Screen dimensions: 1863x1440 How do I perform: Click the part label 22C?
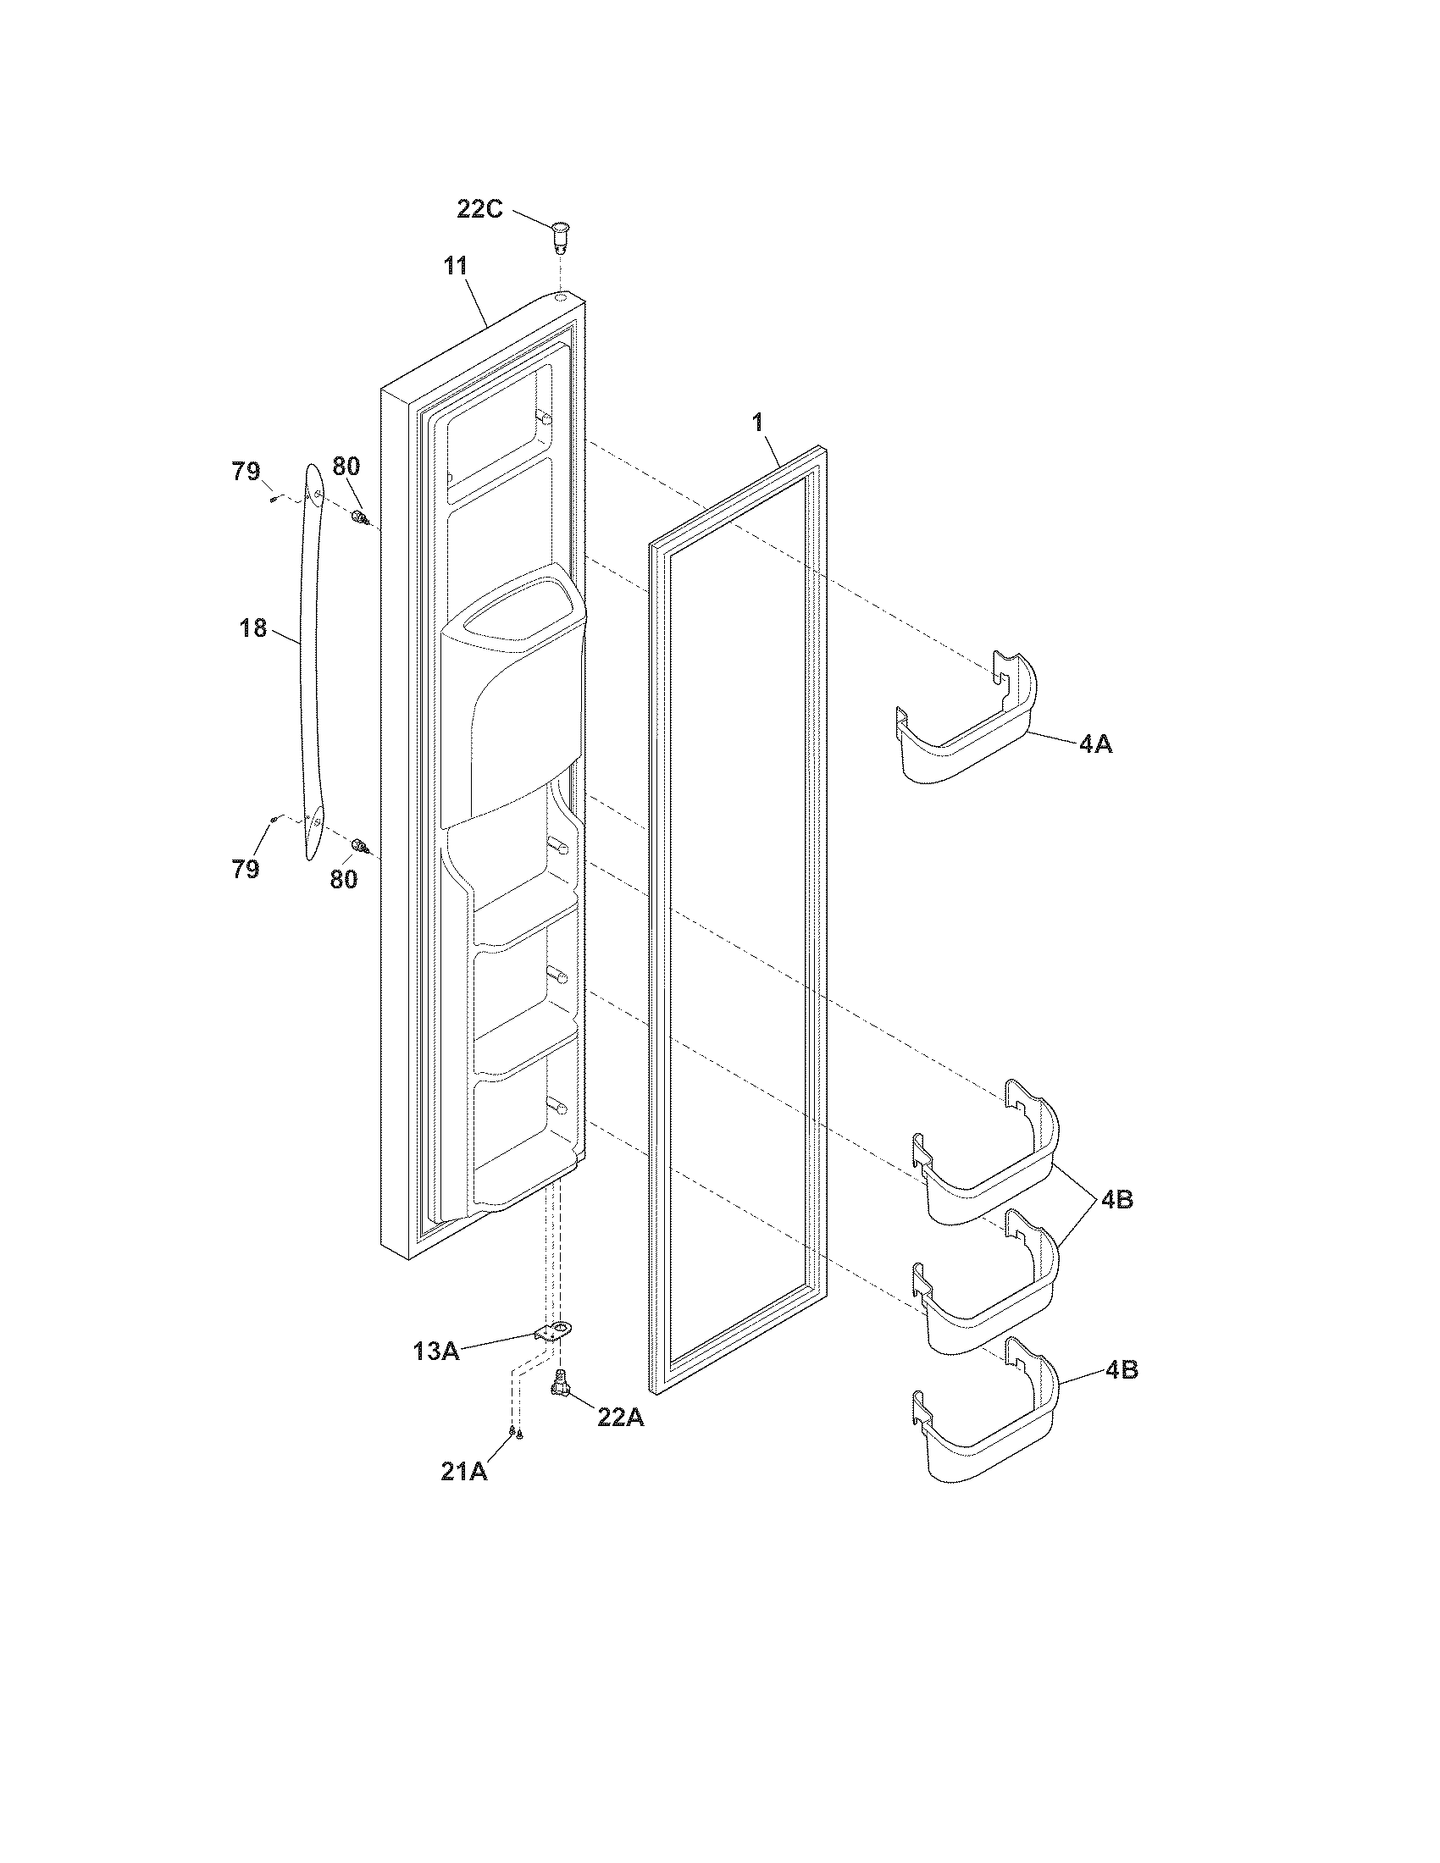[x=479, y=208]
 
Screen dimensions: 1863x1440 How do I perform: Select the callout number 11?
[x=456, y=265]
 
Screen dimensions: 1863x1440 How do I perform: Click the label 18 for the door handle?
[x=253, y=628]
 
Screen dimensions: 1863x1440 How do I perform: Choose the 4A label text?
[x=1095, y=744]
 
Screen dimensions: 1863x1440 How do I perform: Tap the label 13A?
[x=437, y=1352]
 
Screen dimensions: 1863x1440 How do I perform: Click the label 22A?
[x=620, y=1418]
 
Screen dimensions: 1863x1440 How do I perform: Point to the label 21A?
[x=464, y=1472]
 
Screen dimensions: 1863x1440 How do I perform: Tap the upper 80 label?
[x=346, y=466]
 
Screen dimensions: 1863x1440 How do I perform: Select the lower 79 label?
[x=246, y=869]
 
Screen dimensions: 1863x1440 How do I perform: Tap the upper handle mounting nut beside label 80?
[x=359, y=517]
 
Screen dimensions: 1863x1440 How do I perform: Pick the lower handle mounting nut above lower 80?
[x=360, y=845]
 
